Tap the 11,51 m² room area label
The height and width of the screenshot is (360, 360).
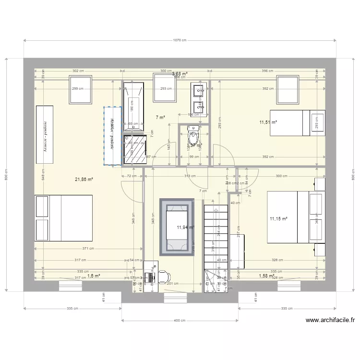tap(268, 122)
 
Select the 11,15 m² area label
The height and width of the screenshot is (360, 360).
tap(278, 219)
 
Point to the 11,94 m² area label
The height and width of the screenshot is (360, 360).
tap(185, 228)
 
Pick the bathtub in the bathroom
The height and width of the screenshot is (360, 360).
tap(133, 106)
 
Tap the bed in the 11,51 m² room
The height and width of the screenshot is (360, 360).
tap(297, 123)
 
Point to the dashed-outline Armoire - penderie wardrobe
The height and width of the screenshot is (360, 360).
tap(113, 136)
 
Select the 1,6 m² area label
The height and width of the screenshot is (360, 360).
tap(94, 276)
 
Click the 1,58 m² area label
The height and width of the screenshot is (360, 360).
tap(265, 276)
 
